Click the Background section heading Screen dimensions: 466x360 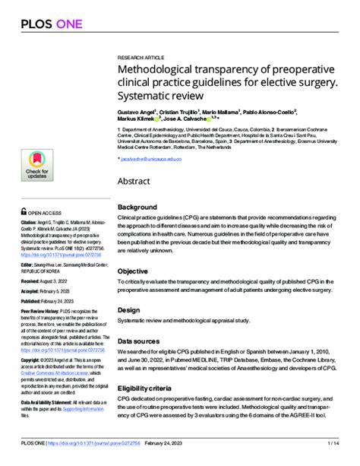pyautogui.click(x=137, y=208)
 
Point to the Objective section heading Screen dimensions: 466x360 pyautogui.click(x=133, y=271)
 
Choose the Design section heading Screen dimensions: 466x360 pyautogui.click(x=128, y=310)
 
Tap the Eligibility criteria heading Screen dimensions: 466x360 pyautogui.click(x=146, y=388)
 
